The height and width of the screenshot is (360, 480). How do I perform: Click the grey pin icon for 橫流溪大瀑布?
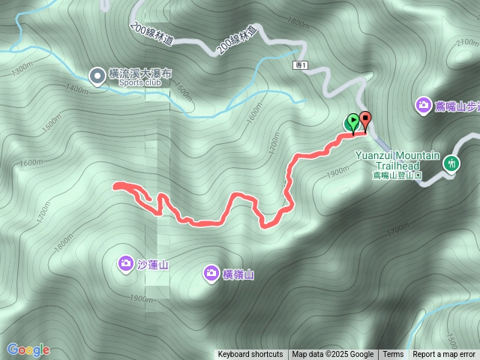point(97,75)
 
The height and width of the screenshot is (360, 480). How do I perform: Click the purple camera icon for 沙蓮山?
point(125,262)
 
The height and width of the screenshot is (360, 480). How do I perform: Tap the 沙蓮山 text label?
point(153,264)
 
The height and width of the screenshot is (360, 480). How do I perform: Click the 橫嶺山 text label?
point(238,274)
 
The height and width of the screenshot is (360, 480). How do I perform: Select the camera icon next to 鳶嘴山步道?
point(424,106)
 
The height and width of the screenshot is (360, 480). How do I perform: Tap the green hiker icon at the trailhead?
point(451,162)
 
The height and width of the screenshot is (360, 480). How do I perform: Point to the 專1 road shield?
point(301,66)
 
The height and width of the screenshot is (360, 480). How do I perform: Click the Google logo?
point(28,349)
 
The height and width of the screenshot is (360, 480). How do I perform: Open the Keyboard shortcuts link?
point(250,355)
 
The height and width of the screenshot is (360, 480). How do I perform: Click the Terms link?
point(393,355)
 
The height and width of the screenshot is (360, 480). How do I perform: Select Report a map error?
point(444,355)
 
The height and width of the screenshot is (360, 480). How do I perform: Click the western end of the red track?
point(115,185)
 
